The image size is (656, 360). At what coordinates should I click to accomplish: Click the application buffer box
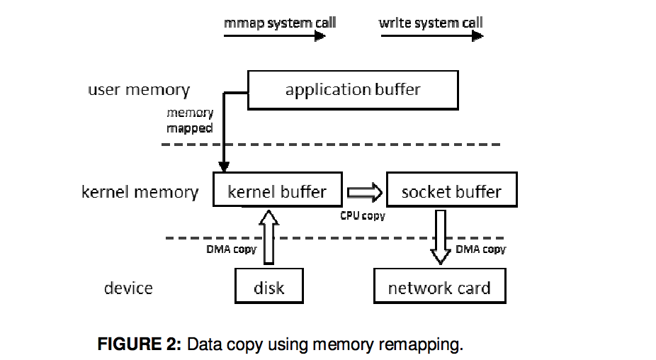(x=353, y=90)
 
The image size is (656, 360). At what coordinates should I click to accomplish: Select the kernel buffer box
(x=277, y=191)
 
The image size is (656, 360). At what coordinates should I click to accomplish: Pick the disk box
(x=268, y=287)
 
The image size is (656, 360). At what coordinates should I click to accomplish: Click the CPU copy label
(x=363, y=215)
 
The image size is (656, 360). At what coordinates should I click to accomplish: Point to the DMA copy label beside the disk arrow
(x=231, y=249)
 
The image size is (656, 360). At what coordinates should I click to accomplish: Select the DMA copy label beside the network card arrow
(x=480, y=249)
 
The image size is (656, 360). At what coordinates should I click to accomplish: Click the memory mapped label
(x=190, y=120)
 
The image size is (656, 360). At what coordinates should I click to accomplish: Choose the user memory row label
(x=139, y=90)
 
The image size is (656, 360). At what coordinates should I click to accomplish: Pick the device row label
(x=128, y=288)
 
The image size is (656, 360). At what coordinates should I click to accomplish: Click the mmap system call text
(x=280, y=23)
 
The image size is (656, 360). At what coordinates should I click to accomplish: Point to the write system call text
(x=431, y=23)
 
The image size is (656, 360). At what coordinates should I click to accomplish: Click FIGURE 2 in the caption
(x=139, y=345)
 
